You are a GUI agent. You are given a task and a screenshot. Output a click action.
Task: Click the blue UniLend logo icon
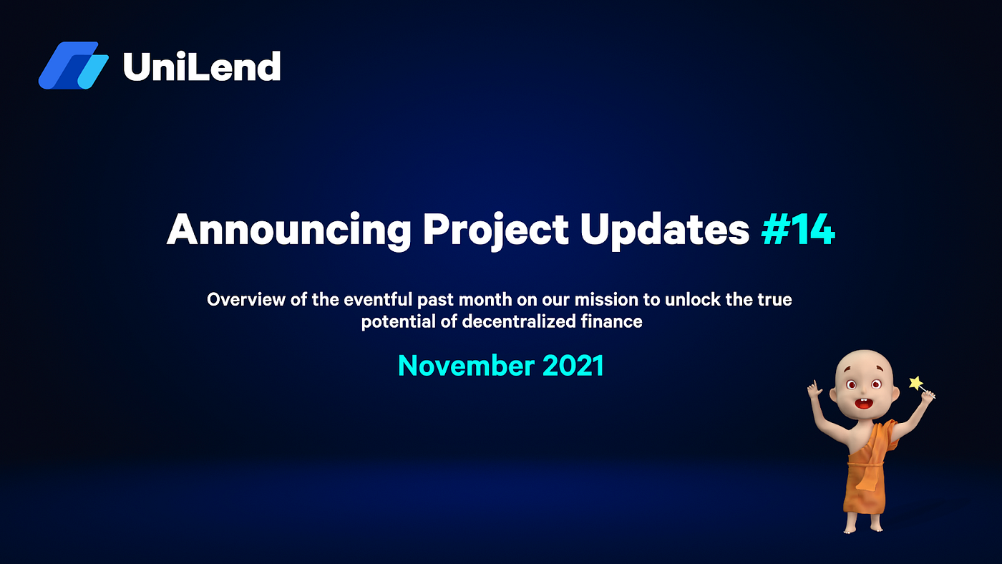(73, 65)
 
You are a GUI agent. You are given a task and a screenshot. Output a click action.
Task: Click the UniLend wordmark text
(202, 67)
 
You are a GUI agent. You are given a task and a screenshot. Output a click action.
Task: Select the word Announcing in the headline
(288, 230)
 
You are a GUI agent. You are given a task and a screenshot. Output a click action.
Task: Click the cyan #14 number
(798, 229)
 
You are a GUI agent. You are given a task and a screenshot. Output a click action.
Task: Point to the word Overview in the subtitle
(246, 299)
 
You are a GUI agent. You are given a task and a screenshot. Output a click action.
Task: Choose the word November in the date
(466, 366)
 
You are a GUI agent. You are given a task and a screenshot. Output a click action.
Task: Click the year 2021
(573, 366)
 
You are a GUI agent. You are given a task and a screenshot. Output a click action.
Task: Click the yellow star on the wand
(916, 383)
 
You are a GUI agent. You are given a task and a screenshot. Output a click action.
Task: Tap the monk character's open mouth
(863, 404)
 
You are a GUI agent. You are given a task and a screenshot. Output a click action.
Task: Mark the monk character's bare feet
(863, 529)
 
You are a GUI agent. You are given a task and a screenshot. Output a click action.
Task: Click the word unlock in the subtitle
(693, 299)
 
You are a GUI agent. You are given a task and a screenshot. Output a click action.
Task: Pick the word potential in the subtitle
(398, 321)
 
